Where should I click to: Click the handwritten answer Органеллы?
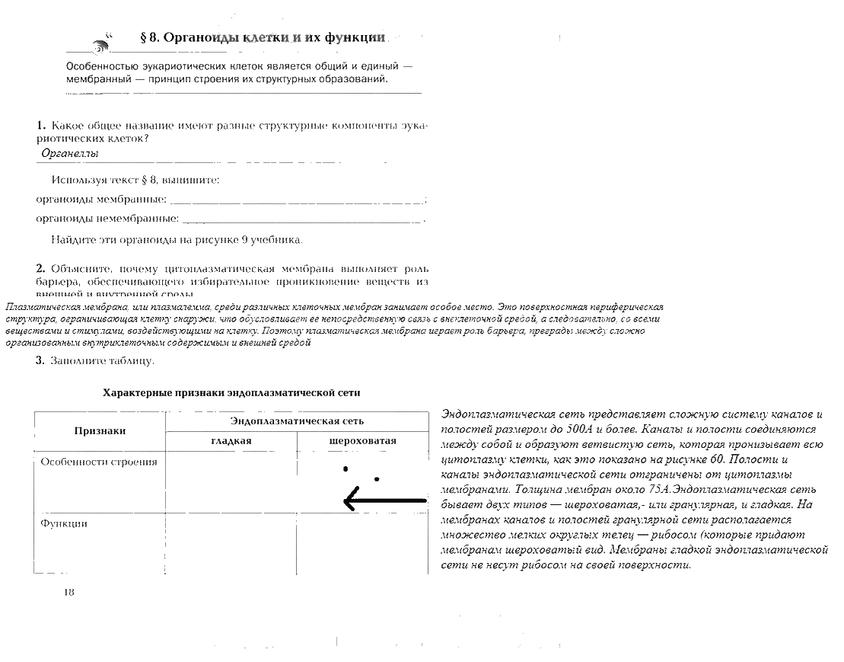[x=70, y=153]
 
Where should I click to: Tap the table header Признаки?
[x=100, y=431]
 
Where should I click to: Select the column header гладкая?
[x=231, y=441]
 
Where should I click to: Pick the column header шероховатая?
[x=362, y=441]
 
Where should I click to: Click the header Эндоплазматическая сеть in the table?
[x=297, y=421]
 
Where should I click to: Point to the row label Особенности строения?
[x=99, y=462]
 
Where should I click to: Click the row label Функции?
[x=64, y=523]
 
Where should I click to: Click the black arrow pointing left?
[x=384, y=500]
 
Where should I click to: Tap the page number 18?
[x=69, y=592]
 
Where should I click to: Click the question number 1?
[x=40, y=124]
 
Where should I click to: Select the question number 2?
[x=40, y=269]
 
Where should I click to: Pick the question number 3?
[x=40, y=360]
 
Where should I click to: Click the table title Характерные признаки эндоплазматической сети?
[x=231, y=393]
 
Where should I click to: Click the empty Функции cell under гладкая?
[x=231, y=542]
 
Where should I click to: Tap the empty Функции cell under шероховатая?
[x=362, y=542]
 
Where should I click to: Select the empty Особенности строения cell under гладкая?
[x=231, y=484]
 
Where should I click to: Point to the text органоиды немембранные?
[x=107, y=219]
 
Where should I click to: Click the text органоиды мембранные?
[x=101, y=200]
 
